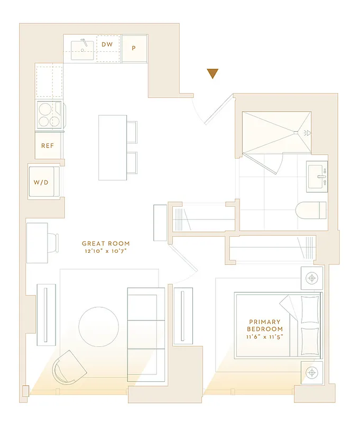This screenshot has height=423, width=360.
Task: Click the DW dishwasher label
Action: [107, 45]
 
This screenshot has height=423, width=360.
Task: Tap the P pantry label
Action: [134, 48]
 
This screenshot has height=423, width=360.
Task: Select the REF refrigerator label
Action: [48, 145]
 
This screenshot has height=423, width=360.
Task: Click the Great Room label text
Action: [106, 244]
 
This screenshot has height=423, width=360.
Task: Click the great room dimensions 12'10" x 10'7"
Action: [106, 251]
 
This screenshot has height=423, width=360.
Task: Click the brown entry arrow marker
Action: [213, 73]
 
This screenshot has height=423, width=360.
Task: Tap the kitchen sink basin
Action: [82, 50]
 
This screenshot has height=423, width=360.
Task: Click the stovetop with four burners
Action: [49, 115]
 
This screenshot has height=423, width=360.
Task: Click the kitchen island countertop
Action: [112, 147]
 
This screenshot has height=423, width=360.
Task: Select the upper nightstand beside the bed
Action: [312, 278]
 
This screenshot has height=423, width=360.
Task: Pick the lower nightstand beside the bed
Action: [312, 372]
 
